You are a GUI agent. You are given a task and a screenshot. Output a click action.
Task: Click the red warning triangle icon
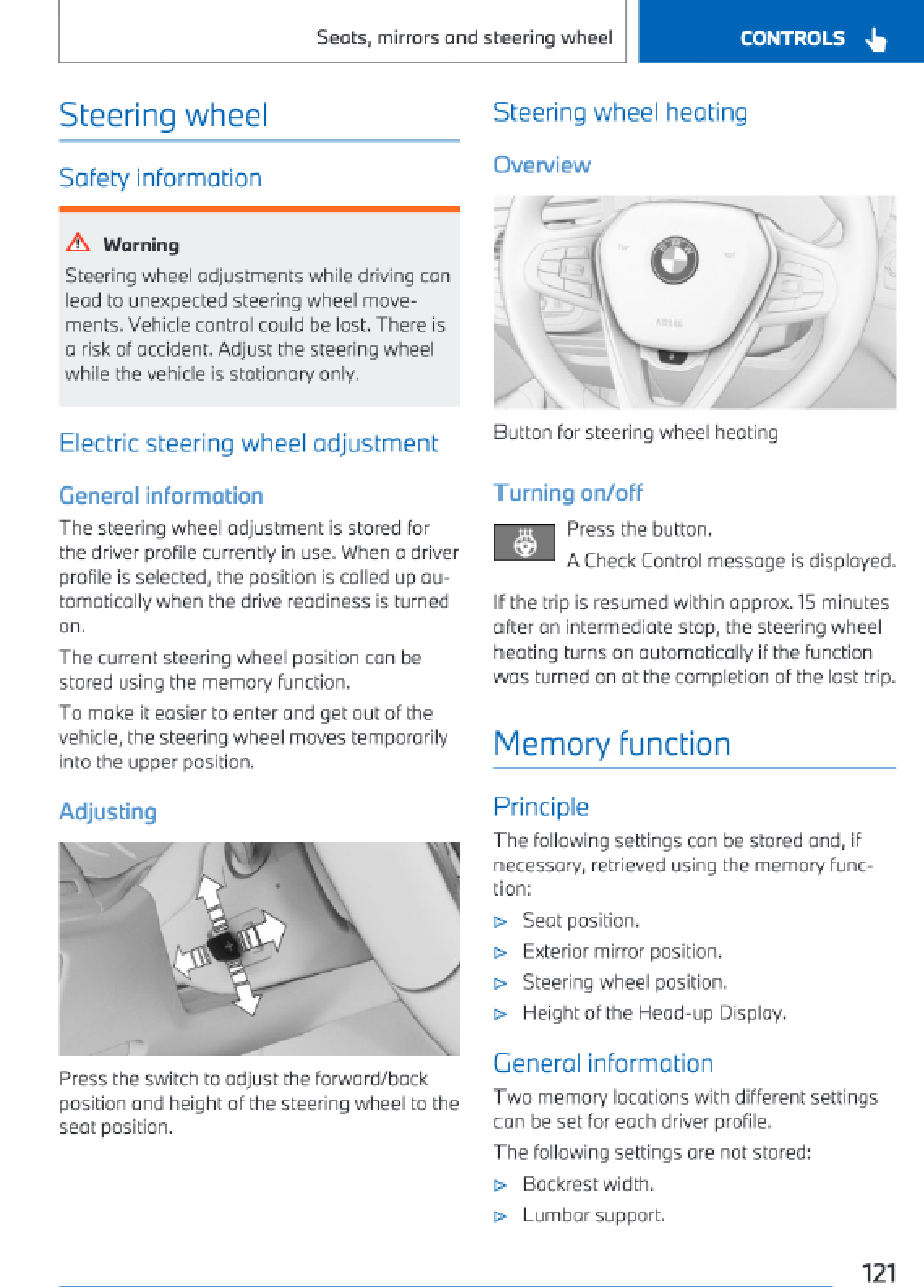click(78, 242)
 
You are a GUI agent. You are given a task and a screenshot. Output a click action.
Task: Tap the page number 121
click(878, 1272)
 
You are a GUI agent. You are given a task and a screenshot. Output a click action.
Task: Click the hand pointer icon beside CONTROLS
click(875, 39)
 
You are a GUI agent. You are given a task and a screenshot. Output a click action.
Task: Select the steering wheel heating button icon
click(524, 542)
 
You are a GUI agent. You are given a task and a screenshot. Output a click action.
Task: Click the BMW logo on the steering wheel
click(674, 259)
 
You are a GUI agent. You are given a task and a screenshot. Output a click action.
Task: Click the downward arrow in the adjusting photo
click(246, 997)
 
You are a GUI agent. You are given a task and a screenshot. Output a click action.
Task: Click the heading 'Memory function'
click(612, 744)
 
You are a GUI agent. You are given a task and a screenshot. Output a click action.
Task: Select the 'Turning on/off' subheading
click(567, 493)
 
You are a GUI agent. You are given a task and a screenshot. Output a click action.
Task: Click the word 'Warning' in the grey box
click(141, 245)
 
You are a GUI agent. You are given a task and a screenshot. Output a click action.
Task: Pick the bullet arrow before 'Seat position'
click(501, 922)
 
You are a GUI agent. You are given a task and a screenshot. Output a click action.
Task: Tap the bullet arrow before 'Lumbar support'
click(501, 1216)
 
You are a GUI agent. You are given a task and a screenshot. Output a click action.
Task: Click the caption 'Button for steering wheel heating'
click(635, 433)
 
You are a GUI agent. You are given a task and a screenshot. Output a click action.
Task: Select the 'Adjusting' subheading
click(108, 811)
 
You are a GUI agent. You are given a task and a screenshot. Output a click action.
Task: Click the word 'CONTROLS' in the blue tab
click(792, 39)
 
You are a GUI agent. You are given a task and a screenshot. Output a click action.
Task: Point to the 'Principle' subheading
click(541, 806)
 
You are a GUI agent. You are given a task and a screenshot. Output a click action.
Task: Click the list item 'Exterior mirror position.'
click(622, 951)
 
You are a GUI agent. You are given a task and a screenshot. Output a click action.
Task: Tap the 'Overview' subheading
click(541, 165)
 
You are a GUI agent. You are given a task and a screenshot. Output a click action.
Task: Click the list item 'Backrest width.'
click(588, 1184)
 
